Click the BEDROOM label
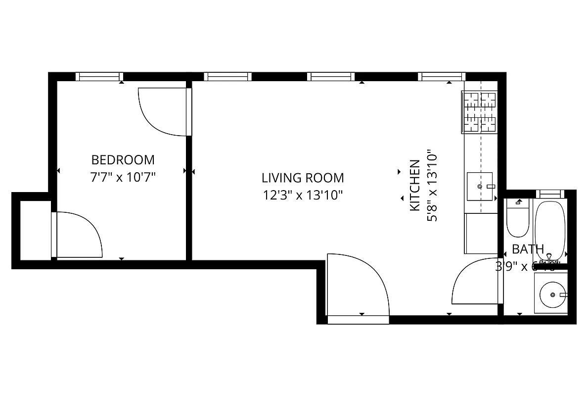coord(123,160)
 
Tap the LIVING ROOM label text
coord(302,177)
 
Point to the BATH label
coord(528,249)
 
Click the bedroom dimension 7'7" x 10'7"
coord(123,177)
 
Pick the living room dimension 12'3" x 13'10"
coord(302,195)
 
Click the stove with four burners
coord(480,112)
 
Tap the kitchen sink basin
coord(480,186)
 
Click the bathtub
coord(550,230)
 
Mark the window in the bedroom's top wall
coord(99,76)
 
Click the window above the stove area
coord(441,76)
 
